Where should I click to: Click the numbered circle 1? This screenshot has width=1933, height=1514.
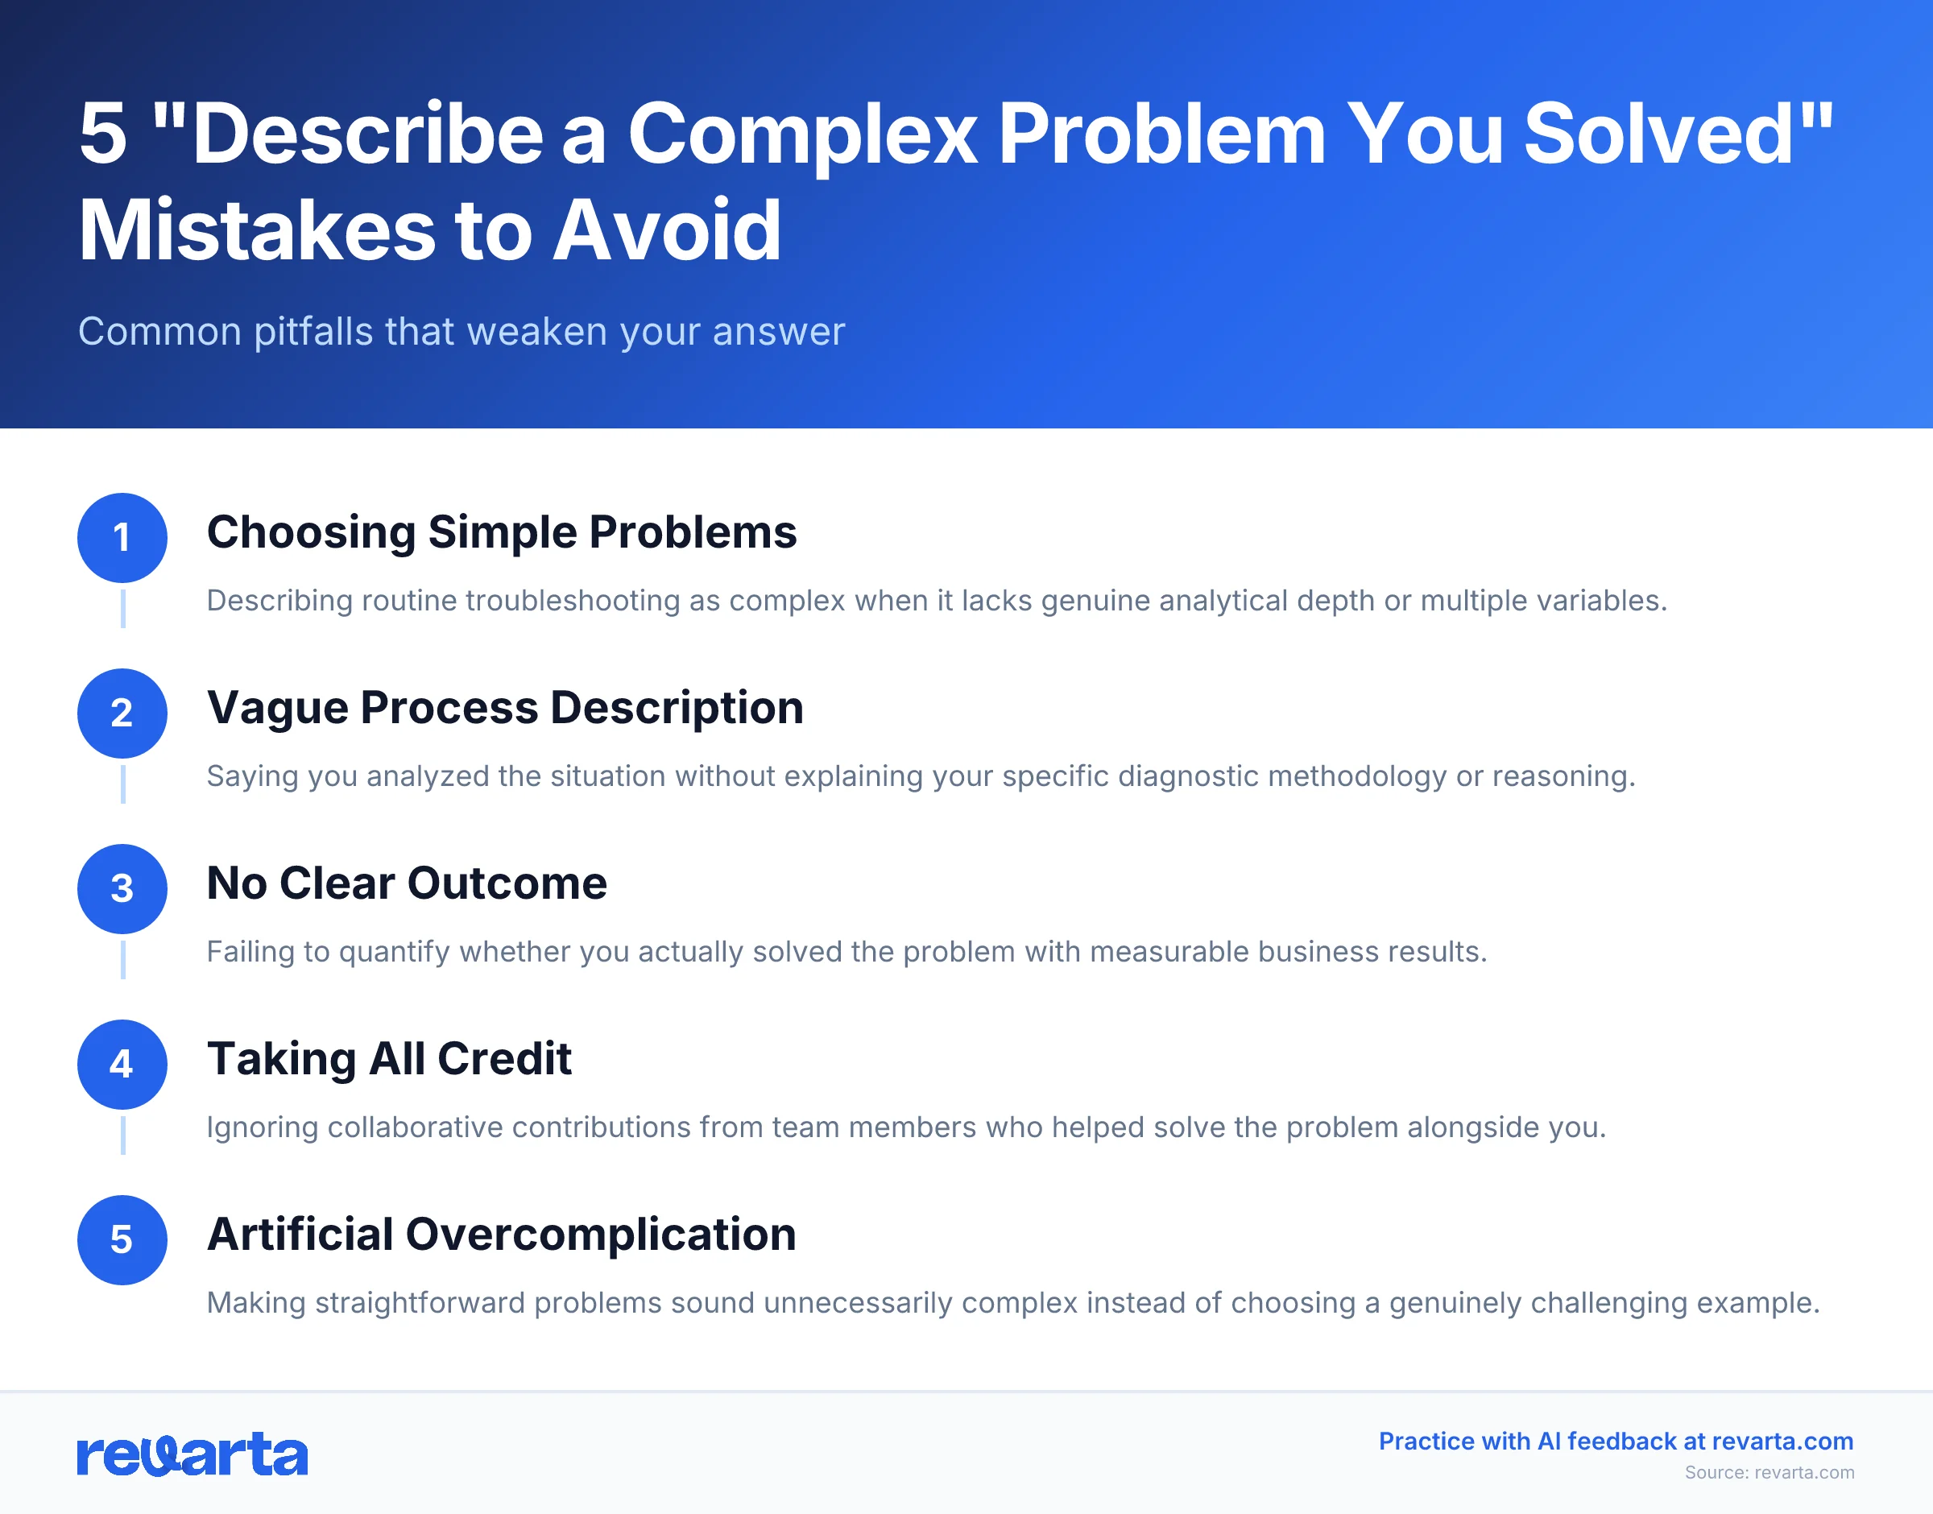click(x=122, y=537)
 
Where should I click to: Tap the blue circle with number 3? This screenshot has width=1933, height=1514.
click(x=122, y=888)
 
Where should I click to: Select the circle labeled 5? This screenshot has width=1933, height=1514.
click(x=122, y=1239)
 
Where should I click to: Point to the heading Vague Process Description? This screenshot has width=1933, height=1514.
click(x=504, y=707)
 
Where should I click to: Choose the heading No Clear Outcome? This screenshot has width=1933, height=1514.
click(x=406, y=883)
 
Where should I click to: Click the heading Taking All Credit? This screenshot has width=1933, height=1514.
click(x=388, y=1058)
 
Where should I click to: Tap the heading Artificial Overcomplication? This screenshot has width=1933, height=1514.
click(x=501, y=1234)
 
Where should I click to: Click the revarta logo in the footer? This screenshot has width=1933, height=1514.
click(x=192, y=1454)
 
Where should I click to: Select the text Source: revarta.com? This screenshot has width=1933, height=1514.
click(x=1768, y=1472)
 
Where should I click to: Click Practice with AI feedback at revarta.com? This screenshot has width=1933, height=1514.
click(x=1615, y=1442)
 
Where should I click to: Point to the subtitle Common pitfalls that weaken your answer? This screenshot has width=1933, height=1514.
click(x=461, y=332)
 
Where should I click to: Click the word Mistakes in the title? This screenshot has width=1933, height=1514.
click(x=257, y=230)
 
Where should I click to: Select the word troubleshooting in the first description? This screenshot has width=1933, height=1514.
click(x=573, y=601)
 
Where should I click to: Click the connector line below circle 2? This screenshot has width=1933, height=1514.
click(x=122, y=784)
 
